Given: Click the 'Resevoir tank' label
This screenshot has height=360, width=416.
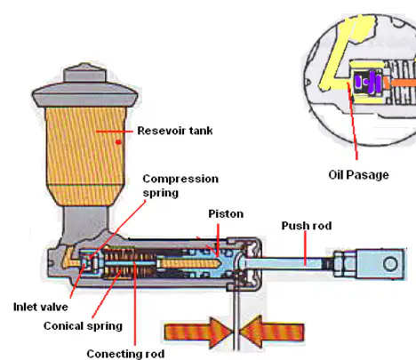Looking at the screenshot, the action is pos(175,131).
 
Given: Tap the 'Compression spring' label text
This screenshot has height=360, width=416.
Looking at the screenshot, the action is pos(180,186).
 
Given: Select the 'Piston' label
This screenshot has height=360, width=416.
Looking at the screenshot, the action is pos(226,214).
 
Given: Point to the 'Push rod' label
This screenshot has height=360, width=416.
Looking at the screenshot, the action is pos(307,226).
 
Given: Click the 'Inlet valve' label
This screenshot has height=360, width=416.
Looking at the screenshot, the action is pos(41,307).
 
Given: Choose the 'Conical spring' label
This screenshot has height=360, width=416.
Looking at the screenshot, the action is pos(83,326).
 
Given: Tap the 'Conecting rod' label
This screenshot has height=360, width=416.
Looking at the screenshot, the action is pos(125,354).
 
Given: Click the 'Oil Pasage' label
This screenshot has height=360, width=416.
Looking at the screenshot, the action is pos(358,175).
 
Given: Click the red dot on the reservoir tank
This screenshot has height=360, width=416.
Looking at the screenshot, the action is pos(118,142).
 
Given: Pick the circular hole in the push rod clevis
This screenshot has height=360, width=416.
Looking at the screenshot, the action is pos(390,263).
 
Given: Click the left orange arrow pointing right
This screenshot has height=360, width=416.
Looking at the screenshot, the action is pos(198,332).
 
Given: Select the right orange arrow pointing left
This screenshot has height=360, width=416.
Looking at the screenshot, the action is pos(272,332).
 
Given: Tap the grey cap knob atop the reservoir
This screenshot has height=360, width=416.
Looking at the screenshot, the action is pos(84,73).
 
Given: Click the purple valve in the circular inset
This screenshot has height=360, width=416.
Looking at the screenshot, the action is pos(368,82).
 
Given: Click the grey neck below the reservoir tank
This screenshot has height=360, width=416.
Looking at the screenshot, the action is pos(85,223).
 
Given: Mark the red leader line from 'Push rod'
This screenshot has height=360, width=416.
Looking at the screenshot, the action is pos(305,248).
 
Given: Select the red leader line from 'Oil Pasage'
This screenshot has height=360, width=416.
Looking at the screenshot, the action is pos(352,121).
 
